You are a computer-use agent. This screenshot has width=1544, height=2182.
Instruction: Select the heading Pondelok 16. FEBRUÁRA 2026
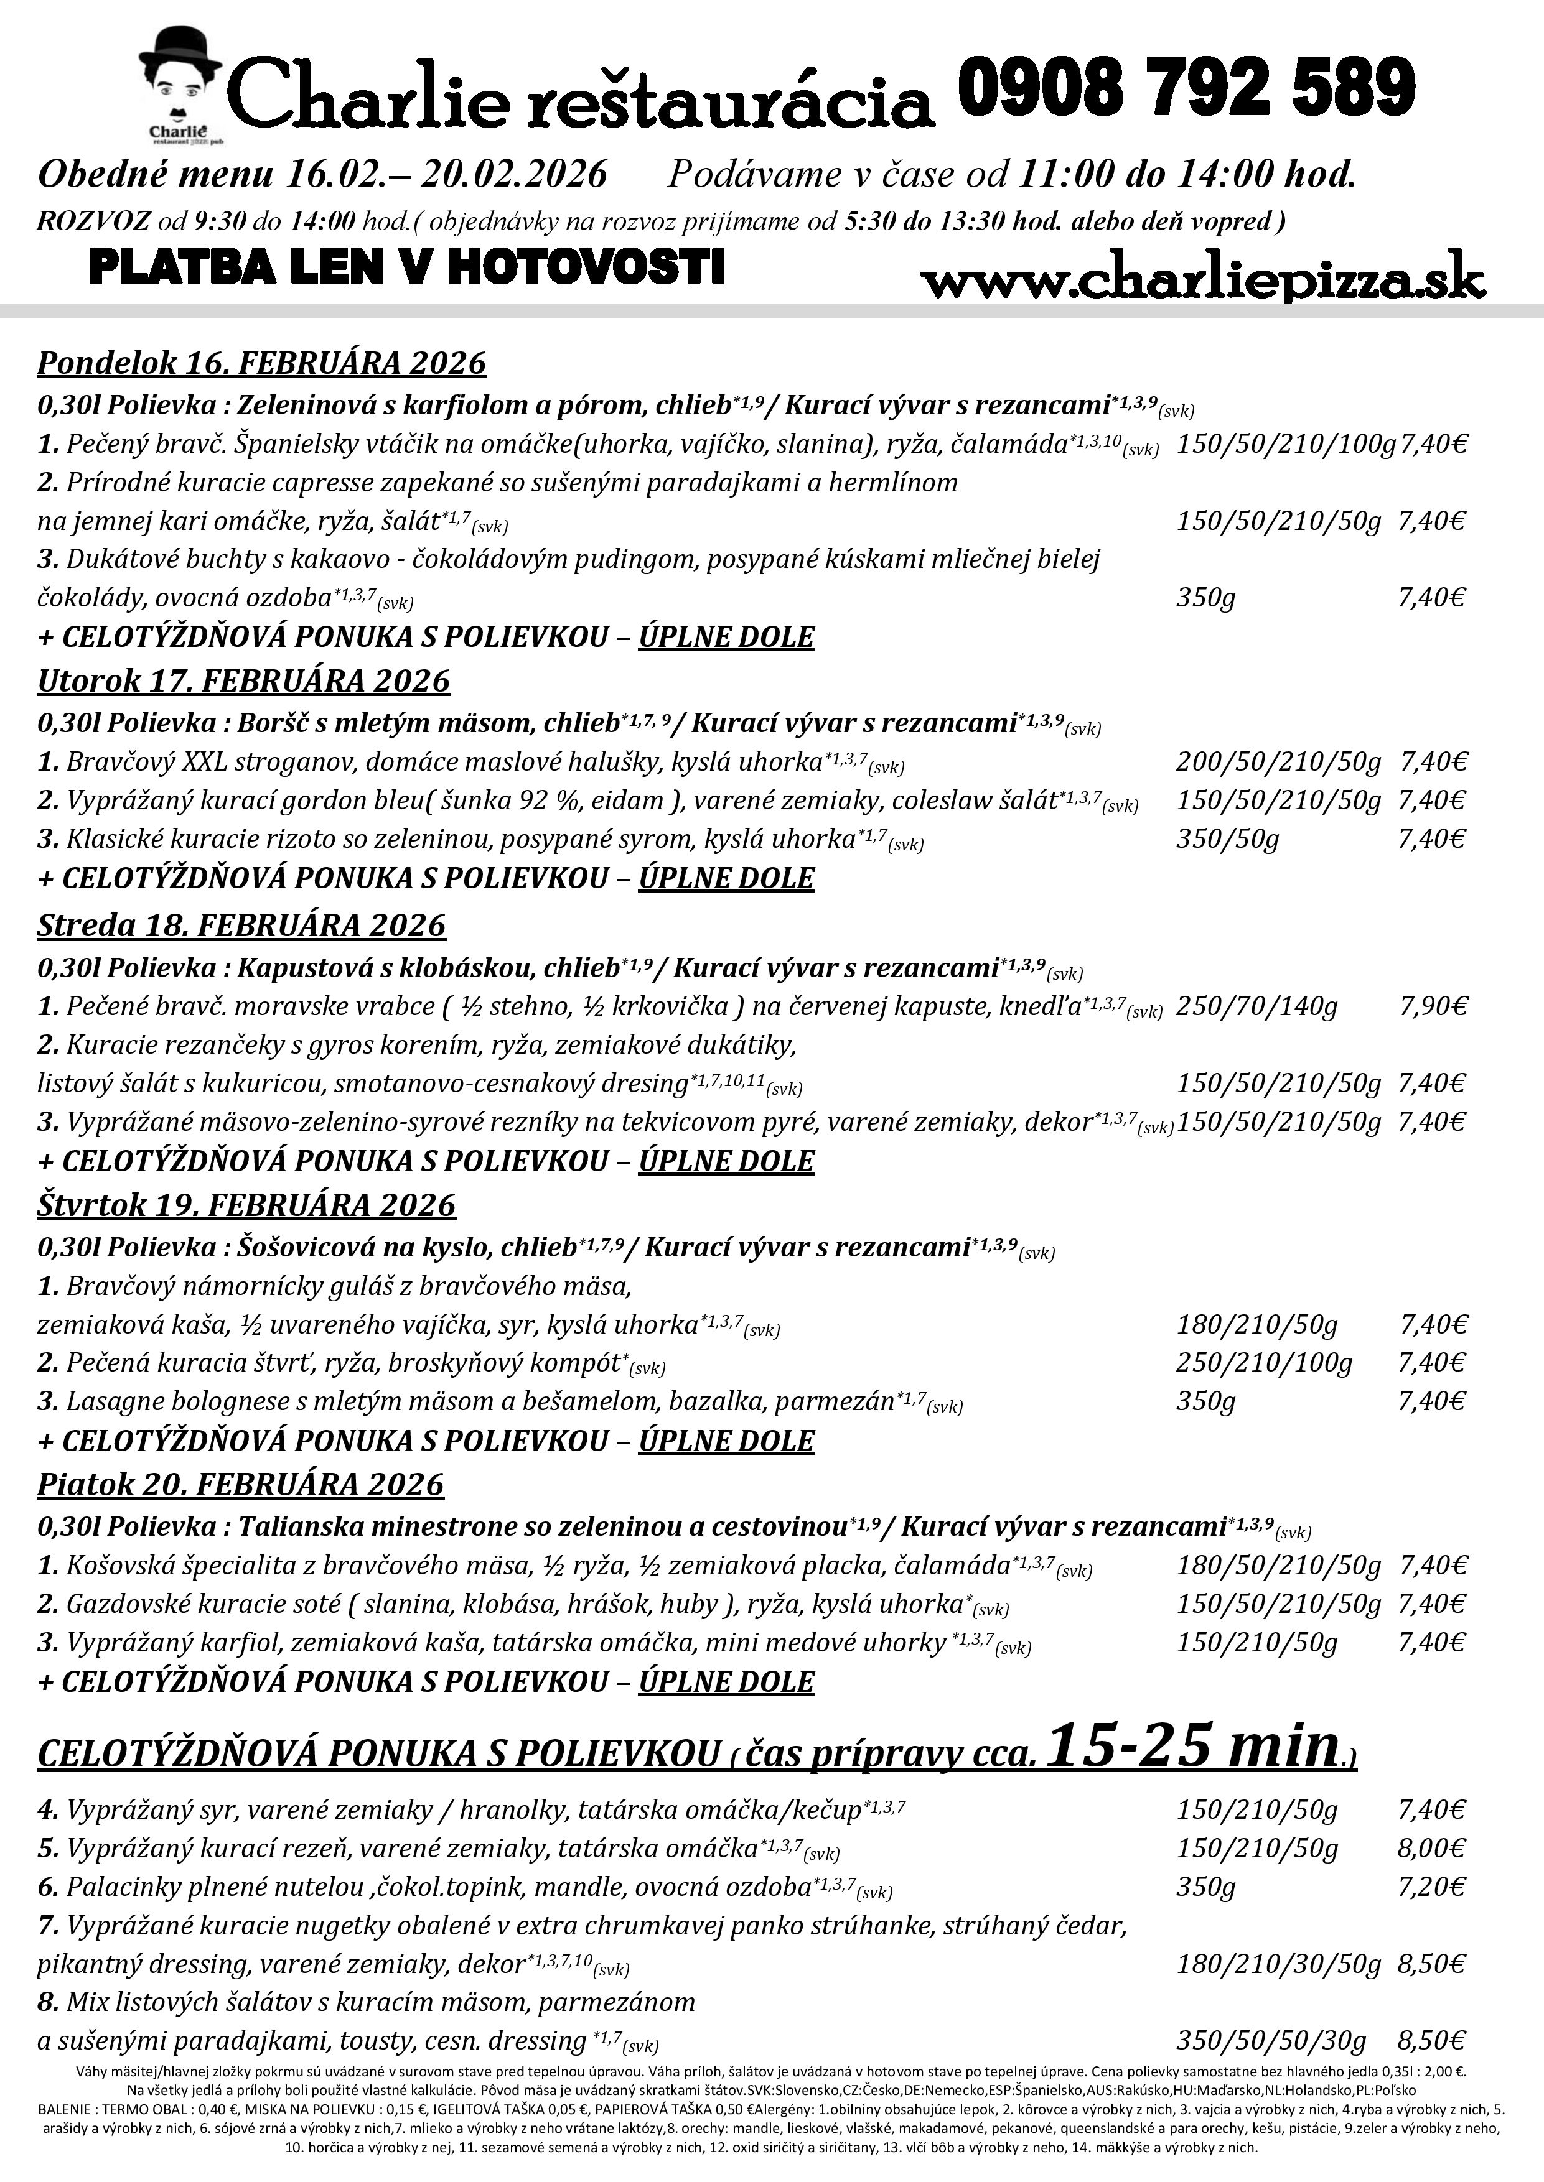tap(261, 363)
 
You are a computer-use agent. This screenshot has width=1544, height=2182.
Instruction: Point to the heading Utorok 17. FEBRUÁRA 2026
tap(243, 680)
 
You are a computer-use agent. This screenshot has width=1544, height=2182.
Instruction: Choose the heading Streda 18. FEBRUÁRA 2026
tap(241, 925)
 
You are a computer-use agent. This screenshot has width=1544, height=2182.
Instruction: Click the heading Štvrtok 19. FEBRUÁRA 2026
tap(246, 1205)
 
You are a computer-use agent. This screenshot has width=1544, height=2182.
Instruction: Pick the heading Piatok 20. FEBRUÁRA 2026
tap(241, 1485)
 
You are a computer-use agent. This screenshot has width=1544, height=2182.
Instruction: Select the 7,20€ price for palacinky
tap(1432, 1887)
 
